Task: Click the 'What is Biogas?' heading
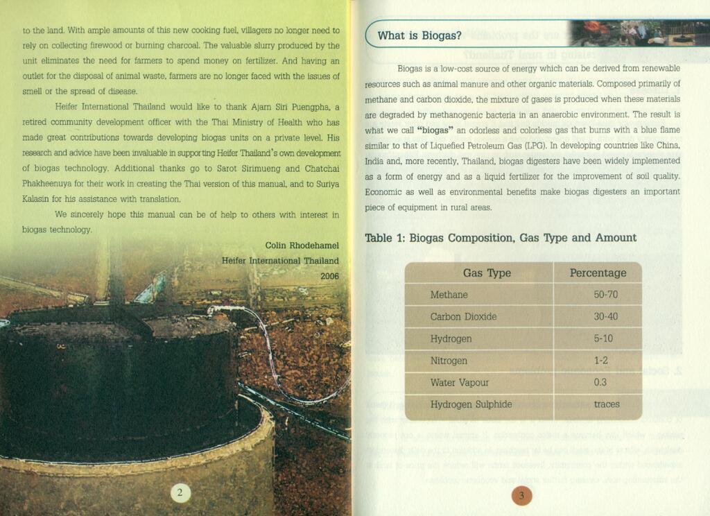pyautogui.click(x=419, y=35)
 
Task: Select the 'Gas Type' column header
pyautogui.click(x=487, y=273)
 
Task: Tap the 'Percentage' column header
pyautogui.click(x=598, y=273)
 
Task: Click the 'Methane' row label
pyautogui.click(x=449, y=295)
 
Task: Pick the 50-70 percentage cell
pyautogui.click(x=605, y=295)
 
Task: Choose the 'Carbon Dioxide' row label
pyautogui.click(x=463, y=317)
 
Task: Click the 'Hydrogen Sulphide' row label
pyautogui.click(x=471, y=404)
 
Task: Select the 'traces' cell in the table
pyautogui.click(x=607, y=404)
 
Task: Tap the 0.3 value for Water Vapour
pyautogui.click(x=600, y=383)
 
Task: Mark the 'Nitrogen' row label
pyautogui.click(x=449, y=361)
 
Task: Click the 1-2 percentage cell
pyautogui.click(x=601, y=361)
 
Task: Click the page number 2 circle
pyautogui.click(x=180, y=493)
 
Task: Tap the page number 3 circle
pyautogui.click(x=521, y=495)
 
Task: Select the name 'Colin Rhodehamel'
pyautogui.click(x=302, y=246)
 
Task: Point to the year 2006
pyautogui.click(x=329, y=276)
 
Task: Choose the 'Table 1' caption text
pyautogui.click(x=500, y=238)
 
